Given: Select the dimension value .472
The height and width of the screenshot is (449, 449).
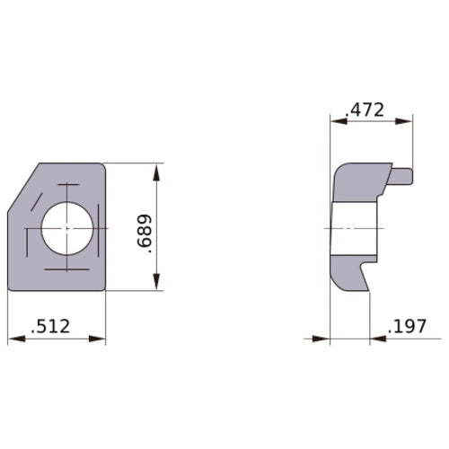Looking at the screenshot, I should pos(365,110).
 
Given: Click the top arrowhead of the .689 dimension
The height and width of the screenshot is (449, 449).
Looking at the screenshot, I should pos(159,170).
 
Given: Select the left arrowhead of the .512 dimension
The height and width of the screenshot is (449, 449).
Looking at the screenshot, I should pos(13,339).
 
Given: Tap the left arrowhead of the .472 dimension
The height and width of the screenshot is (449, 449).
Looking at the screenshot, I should pos(337,119).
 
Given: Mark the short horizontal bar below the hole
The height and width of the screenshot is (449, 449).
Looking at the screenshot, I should pos(65,269).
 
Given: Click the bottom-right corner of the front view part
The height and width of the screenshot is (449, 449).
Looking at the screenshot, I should pos(104,289).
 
